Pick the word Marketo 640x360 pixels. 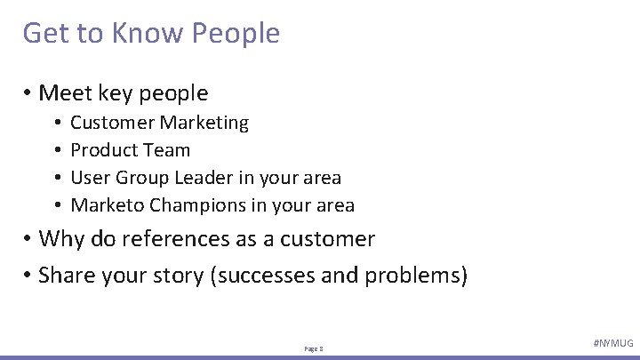tap(108, 205)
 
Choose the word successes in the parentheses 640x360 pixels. tap(264, 275)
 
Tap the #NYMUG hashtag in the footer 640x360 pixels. tap(612, 343)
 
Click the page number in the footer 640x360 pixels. tap(314, 349)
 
